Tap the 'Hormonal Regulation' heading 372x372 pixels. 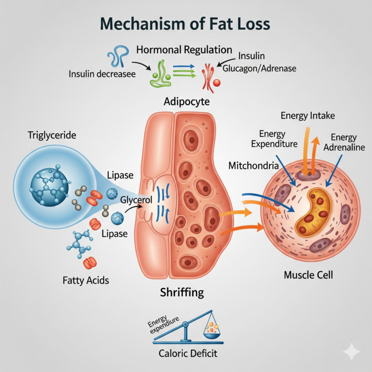coord(184,50)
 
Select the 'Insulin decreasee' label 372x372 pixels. coord(102,74)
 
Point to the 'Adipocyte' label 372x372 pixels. coord(186,101)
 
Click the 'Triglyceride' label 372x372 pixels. coord(52,136)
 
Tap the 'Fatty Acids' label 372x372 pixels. coord(86,280)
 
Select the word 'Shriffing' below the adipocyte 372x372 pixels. coord(182,292)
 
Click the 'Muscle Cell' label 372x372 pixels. coord(308,274)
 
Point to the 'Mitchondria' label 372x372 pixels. coord(254,166)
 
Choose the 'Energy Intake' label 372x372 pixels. coord(308,116)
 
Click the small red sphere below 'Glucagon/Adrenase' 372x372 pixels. coord(217,83)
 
